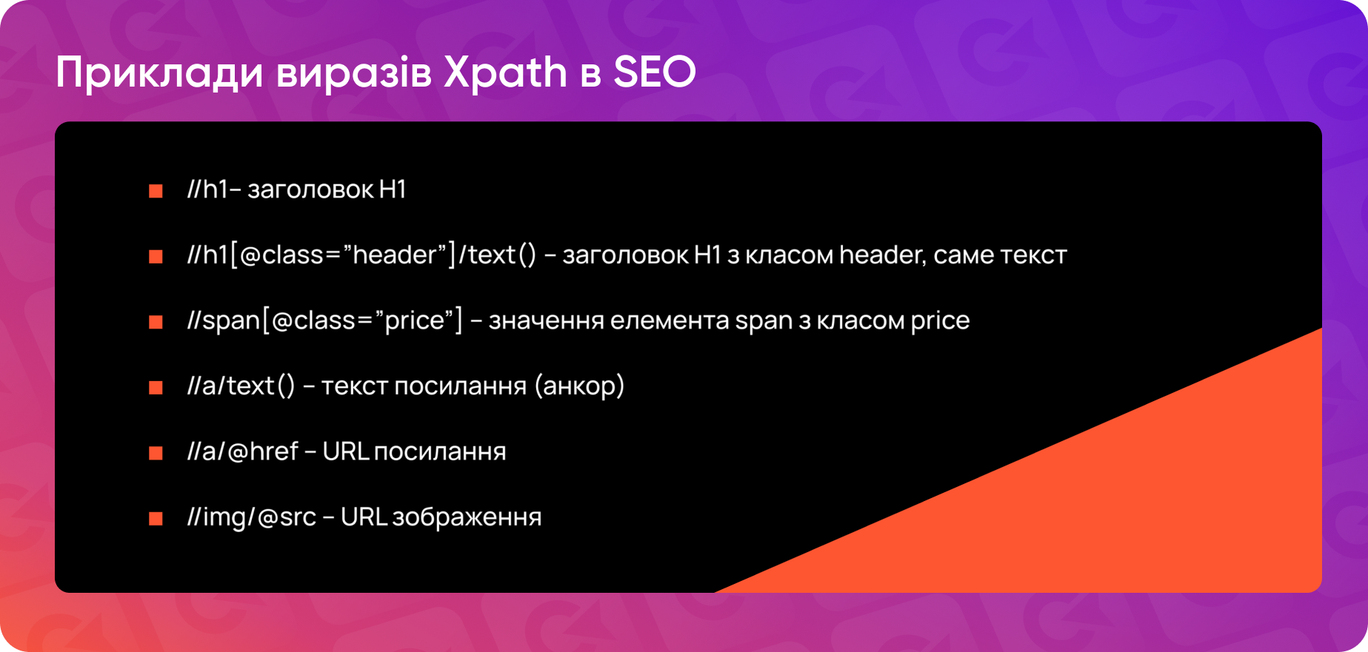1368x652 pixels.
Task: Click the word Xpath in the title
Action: point(505,73)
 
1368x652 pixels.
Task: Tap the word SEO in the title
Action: point(655,73)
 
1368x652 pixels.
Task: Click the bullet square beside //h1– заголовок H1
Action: point(156,191)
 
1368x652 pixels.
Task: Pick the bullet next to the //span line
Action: point(156,322)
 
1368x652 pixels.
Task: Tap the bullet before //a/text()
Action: point(156,387)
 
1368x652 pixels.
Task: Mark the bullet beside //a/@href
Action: point(156,453)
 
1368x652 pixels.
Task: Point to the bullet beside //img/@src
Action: point(156,518)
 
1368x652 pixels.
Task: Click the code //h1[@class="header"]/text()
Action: point(361,255)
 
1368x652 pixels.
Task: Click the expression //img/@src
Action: point(252,517)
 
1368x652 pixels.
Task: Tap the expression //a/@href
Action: point(243,451)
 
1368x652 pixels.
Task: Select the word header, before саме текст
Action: point(881,255)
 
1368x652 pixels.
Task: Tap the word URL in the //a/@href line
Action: point(345,451)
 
